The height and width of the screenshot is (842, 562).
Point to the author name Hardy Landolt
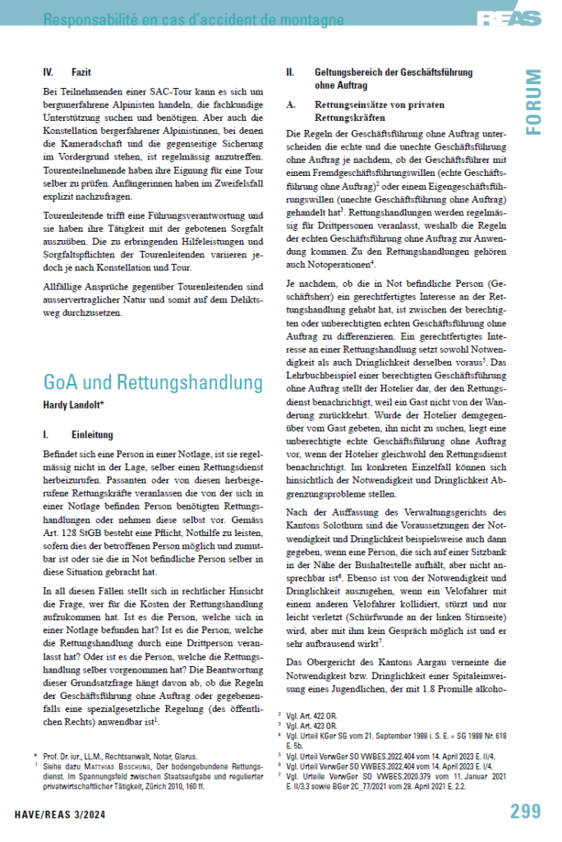point(76,405)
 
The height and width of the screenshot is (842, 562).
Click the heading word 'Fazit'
point(81,72)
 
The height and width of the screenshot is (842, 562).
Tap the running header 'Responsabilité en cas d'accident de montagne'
point(176,18)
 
